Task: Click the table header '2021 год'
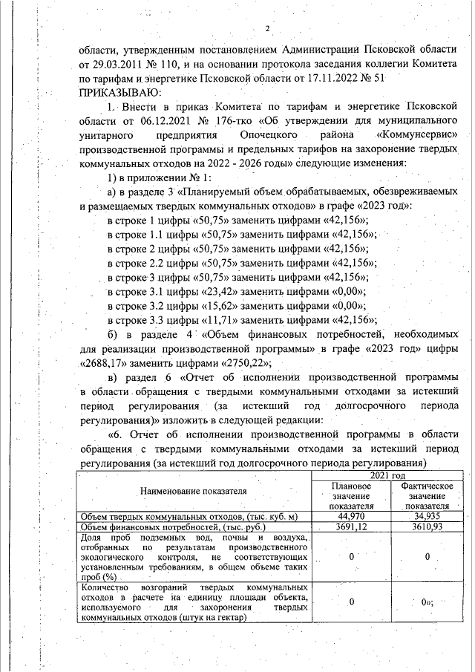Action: click(388, 475)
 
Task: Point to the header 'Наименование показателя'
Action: click(194, 492)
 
